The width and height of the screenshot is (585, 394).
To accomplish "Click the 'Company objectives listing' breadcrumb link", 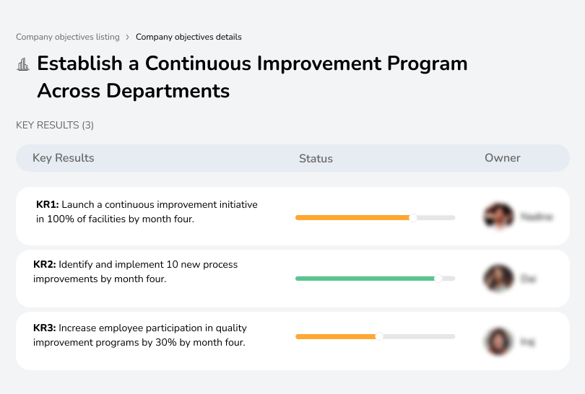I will click(67, 37).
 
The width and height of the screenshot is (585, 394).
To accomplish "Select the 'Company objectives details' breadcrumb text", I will click(188, 37).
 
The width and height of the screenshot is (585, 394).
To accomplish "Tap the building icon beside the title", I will click(23, 64).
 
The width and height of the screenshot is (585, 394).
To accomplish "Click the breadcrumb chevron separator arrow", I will click(128, 37).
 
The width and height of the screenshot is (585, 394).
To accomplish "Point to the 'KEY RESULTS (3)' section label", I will click(55, 125).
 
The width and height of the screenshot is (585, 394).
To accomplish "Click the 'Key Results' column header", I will click(64, 158).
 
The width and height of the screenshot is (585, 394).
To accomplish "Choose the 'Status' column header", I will click(316, 159).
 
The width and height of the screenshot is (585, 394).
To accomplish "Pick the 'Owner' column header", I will click(503, 158).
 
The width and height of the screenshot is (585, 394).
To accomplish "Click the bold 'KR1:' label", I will click(48, 205).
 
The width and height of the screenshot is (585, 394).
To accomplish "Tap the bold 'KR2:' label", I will click(45, 265).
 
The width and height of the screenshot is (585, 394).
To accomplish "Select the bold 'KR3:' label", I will click(45, 328).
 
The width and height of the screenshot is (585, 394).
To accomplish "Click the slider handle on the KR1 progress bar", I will click(413, 217).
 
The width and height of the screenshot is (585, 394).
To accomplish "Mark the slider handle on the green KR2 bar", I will click(438, 279).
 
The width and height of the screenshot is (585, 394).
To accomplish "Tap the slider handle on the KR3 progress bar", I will click(379, 336).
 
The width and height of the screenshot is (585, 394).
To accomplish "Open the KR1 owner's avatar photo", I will click(498, 216).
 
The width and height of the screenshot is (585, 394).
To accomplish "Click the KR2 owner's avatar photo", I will click(498, 279).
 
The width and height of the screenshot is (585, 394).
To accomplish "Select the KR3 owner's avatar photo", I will click(498, 341).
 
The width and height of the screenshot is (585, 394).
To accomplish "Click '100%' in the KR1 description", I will click(59, 219).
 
